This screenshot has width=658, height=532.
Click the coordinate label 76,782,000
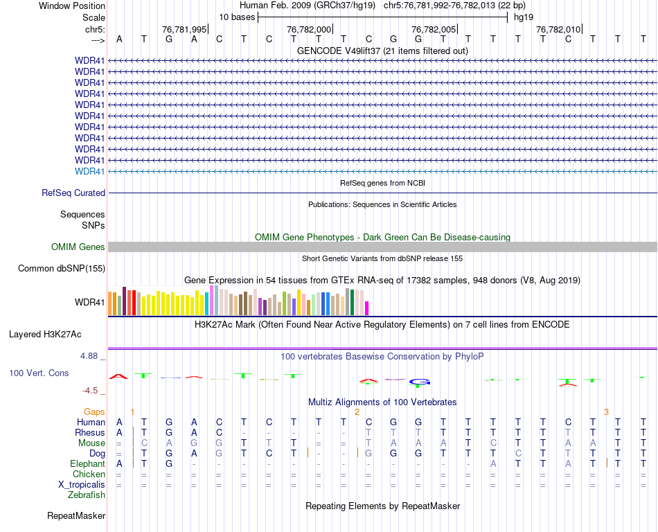point(309,29)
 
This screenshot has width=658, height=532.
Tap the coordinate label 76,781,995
point(184,29)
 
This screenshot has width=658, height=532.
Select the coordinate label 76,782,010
point(558,29)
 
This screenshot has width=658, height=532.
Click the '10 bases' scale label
point(237,17)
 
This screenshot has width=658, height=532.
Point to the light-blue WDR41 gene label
point(90,171)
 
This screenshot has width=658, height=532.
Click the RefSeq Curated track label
point(73,193)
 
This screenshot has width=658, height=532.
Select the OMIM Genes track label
point(78,247)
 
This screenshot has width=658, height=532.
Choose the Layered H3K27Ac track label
point(45,334)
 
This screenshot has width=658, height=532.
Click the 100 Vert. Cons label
point(39,373)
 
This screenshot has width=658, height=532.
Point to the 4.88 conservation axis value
point(91,356)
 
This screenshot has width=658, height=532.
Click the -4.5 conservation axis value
point(93,391)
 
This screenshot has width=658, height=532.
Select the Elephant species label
point(87,463)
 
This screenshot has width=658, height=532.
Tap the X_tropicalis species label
point(82,485)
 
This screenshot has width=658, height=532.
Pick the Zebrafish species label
point(87,495)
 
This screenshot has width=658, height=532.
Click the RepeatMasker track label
point(76,516)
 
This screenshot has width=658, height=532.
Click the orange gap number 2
point(357,411)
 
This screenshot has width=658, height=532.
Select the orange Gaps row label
point(94,411)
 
